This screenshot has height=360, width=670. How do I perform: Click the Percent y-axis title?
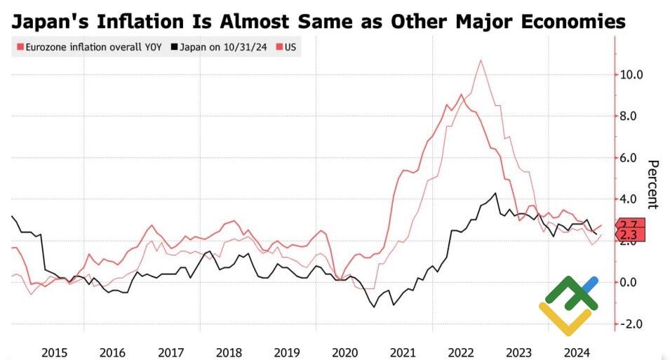[x=652, y=185]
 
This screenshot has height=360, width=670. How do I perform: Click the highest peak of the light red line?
[x=481, y=60]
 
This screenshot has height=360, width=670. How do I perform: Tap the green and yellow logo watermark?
[x=569, y=305]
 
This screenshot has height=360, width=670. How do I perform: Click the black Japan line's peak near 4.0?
[x=496, y=193]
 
